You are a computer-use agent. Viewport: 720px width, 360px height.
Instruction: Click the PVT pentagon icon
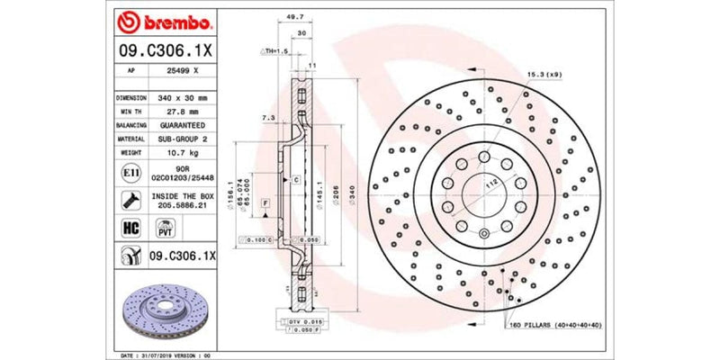[x=165, y=230]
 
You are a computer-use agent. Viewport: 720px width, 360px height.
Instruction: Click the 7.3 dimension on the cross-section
[x=267, y=118]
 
